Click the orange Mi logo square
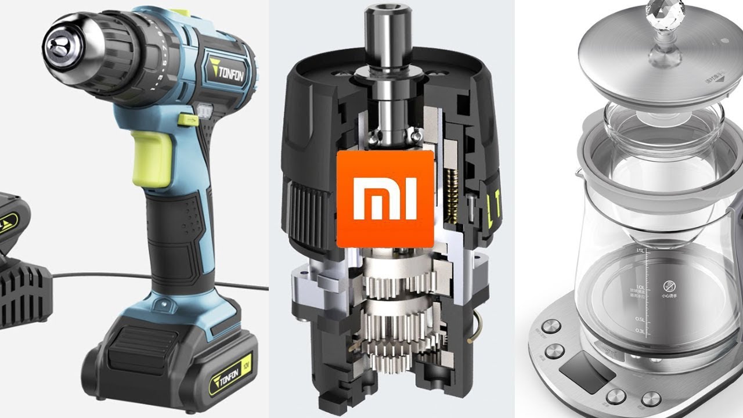click(x=385, y=199)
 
